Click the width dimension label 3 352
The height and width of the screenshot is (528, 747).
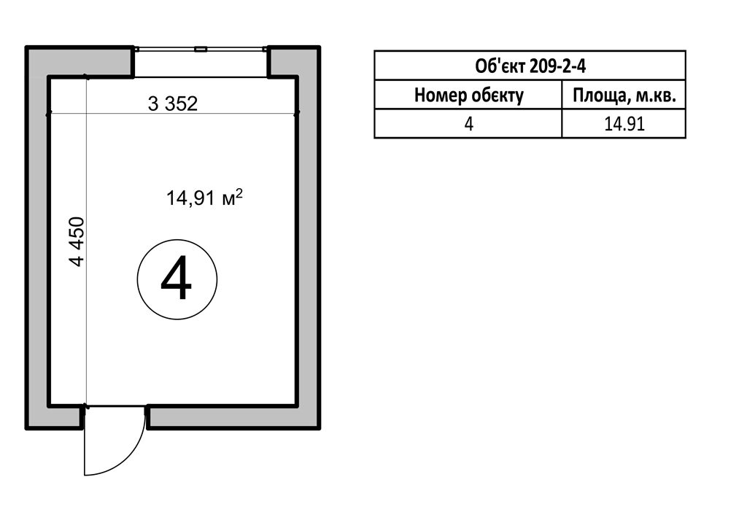[172, 104]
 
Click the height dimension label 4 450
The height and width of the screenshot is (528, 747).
[77, 241]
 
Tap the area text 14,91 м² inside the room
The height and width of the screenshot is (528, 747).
[204, 197]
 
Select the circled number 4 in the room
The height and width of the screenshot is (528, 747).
[177, 279]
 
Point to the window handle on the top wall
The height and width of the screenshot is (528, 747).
[201, 49]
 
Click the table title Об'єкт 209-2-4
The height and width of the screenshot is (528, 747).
[530, 66]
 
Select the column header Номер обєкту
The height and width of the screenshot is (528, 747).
[469, 96]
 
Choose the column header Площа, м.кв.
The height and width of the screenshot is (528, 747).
[624, 96]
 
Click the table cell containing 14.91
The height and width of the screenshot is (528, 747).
[624, 124]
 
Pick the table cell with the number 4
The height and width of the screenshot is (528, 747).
[468, 124]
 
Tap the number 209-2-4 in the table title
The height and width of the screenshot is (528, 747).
[557, 66]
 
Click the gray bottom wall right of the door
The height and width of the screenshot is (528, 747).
[233, 417]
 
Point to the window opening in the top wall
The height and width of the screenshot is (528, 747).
[201, 62]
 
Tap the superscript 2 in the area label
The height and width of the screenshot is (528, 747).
[239, 193]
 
